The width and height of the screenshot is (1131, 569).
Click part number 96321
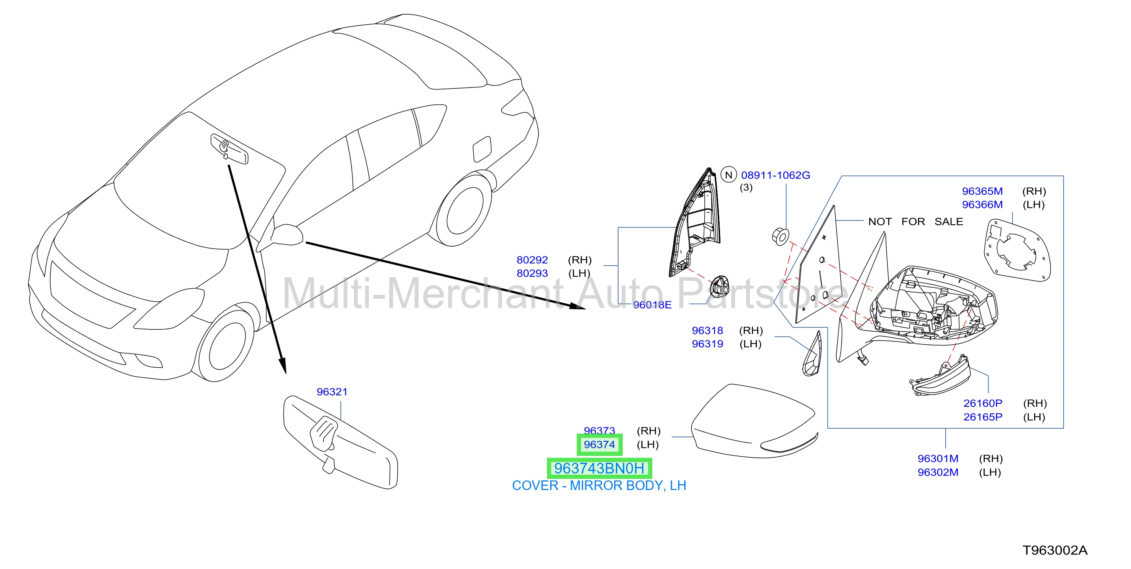click(x=332, y=391)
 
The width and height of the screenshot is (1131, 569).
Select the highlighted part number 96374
click(x=599, y=445)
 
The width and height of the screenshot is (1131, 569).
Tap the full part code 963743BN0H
click(x=599, y=469)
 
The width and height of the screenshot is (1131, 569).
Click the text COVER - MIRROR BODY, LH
click(x=599, y=485)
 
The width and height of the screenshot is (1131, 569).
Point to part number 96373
click(x=599, y=431)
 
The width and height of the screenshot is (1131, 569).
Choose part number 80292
click(x=532, y=260)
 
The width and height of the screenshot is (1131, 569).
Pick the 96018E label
click(x=652, y=305)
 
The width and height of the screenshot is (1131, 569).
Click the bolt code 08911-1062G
click(x=775, y=175)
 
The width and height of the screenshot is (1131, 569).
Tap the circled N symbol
click(x=729, y=175)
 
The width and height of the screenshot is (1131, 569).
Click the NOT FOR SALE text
click(x=915, y=222)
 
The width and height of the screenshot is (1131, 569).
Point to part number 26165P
click(x=983, y=417)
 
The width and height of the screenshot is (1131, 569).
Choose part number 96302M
click(x=938, y=472)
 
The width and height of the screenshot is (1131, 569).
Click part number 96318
click(x=707, y=331)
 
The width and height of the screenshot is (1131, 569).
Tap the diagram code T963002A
click(x=1055, y=550)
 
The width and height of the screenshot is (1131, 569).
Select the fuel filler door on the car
click(x=482, y=148)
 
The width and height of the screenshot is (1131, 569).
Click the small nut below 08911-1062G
click(x=780, y=237)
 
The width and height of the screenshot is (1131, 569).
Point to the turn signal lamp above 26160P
click(x=939, y=376)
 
